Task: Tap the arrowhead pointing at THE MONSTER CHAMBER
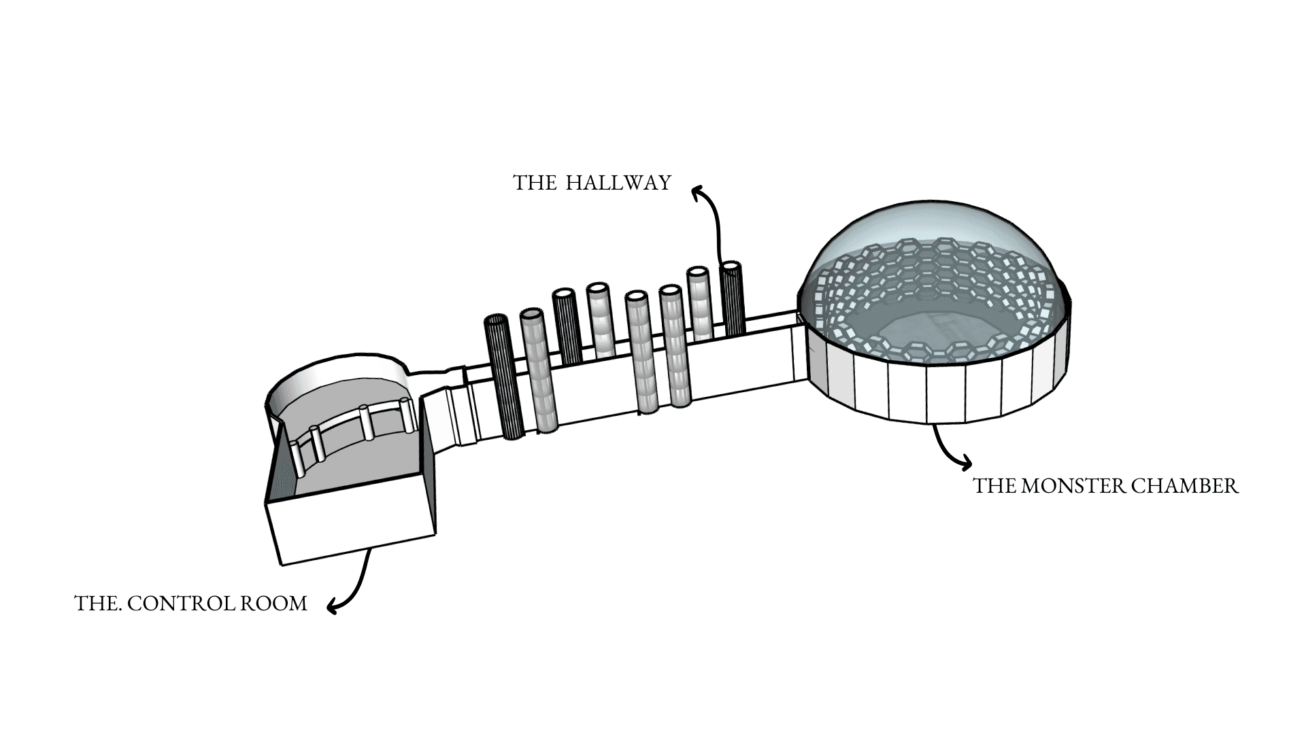[x=965, y=464]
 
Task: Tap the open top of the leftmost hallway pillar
[x=496, y=319]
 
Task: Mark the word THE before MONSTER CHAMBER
[x=994, y=487]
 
